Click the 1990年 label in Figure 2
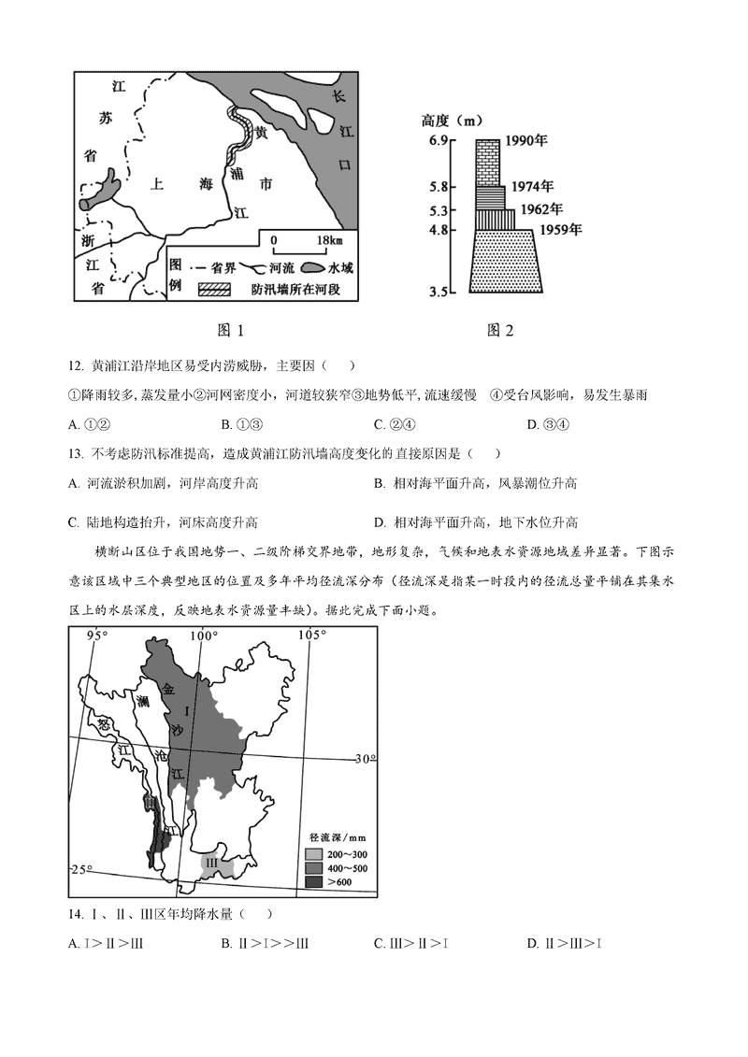click(525, 141)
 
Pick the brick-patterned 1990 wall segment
click(487, 162)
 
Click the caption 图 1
click(229, 330)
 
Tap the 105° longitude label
click(311, 636)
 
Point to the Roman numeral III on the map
click(212, 862)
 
